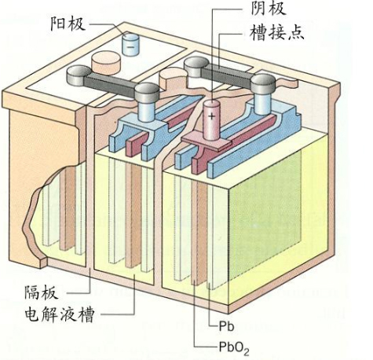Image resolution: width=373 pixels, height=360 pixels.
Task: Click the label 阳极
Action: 68,24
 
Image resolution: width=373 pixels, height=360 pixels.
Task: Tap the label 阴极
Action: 268,8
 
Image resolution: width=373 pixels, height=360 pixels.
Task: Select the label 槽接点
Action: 277,32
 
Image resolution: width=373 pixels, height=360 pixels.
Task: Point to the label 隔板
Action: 41,292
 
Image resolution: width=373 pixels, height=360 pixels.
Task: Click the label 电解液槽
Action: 59,314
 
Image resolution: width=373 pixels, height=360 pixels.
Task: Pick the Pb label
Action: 226,326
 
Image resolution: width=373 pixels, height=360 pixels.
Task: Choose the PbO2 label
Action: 234,348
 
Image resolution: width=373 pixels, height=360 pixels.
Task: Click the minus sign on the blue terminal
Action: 130,47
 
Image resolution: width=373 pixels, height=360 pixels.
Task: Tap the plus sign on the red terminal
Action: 211,116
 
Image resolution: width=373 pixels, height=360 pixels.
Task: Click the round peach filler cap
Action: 106,62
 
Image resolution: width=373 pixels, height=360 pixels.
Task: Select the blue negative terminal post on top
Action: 130,44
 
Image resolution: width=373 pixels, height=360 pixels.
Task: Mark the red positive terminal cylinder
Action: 211,120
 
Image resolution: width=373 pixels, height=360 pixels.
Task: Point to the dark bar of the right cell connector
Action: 227,75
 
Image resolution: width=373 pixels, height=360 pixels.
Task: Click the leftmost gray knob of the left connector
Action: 78,75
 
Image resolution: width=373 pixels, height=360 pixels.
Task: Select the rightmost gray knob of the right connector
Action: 263,84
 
